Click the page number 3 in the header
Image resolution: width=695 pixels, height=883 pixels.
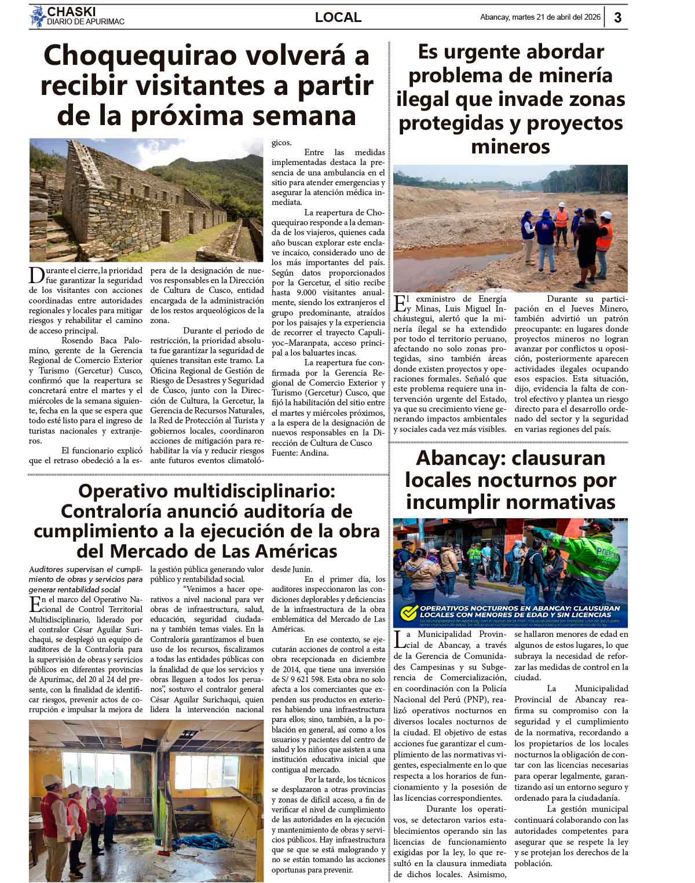point(617,17)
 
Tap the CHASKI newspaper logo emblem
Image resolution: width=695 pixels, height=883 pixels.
point(38,17)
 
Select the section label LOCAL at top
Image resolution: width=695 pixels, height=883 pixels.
point(338,17)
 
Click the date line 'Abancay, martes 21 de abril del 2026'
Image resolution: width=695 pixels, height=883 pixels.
point(540,17)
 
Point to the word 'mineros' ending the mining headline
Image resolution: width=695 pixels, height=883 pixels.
point(510,146)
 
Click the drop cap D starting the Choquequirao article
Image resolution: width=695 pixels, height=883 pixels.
point(36,274)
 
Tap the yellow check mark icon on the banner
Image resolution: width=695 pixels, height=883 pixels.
point(409,612)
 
